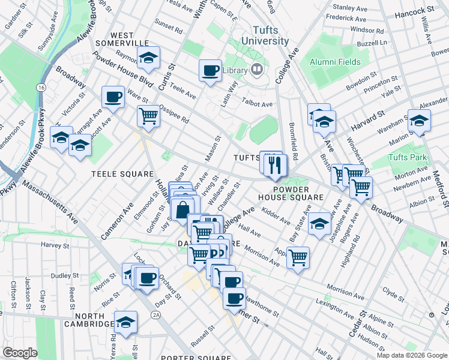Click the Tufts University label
click(265, 35)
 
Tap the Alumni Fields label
click(335, 62)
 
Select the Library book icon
click(258, 70)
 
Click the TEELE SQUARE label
click(122, 174)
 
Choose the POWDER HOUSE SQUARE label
click(291, 192)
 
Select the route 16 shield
click(41, 88)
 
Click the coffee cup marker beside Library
click(210, 70)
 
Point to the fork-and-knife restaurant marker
click(275, 165)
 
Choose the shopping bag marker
click(182, 210)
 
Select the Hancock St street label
click(414, 11)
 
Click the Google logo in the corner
click(20, 353)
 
